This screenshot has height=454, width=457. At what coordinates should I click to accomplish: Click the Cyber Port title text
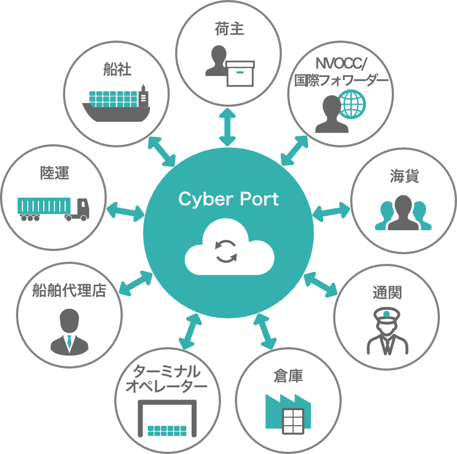[x=228, y=199]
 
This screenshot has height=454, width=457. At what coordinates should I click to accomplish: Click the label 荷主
[x=228, y=29]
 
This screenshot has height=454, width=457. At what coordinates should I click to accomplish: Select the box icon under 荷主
[x=240, y=73]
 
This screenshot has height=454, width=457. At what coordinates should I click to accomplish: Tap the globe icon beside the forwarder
[x=352, y=104]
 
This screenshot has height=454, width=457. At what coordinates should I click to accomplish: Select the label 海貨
[x=404, y=176]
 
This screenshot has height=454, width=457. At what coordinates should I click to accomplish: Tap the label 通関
[x=387, y=292]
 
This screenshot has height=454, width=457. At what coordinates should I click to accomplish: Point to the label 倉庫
[x=288, y=376]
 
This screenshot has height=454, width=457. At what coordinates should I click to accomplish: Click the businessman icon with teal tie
[x=69, y=332]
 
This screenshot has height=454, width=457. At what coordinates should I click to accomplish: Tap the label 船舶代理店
[x=69, y=291]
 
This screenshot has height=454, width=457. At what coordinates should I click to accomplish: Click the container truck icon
[x=53, y=209]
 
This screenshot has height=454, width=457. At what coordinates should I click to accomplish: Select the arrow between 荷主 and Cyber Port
[x=228, y=127]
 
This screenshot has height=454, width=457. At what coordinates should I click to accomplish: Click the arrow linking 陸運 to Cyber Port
[x=125, y=211]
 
